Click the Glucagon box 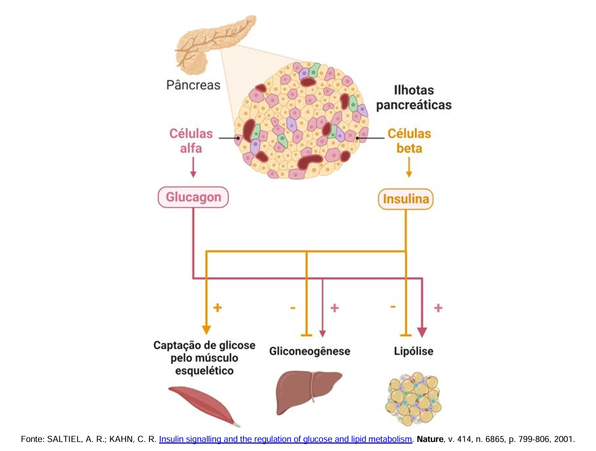[x=193, y=197]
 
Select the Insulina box [x=406, y=200]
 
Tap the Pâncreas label [x=193, y=85]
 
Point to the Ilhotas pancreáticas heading [x=413, y=97]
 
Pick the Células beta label [x=409, y=140]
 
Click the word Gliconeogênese [x=309, y=352]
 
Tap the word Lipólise [x=413, y=352]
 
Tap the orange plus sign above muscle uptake [x=217, y=307]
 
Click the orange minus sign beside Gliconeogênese [x=293, y=307]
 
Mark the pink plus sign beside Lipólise [x=438, y=308]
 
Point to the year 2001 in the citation [x=564, y=440]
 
